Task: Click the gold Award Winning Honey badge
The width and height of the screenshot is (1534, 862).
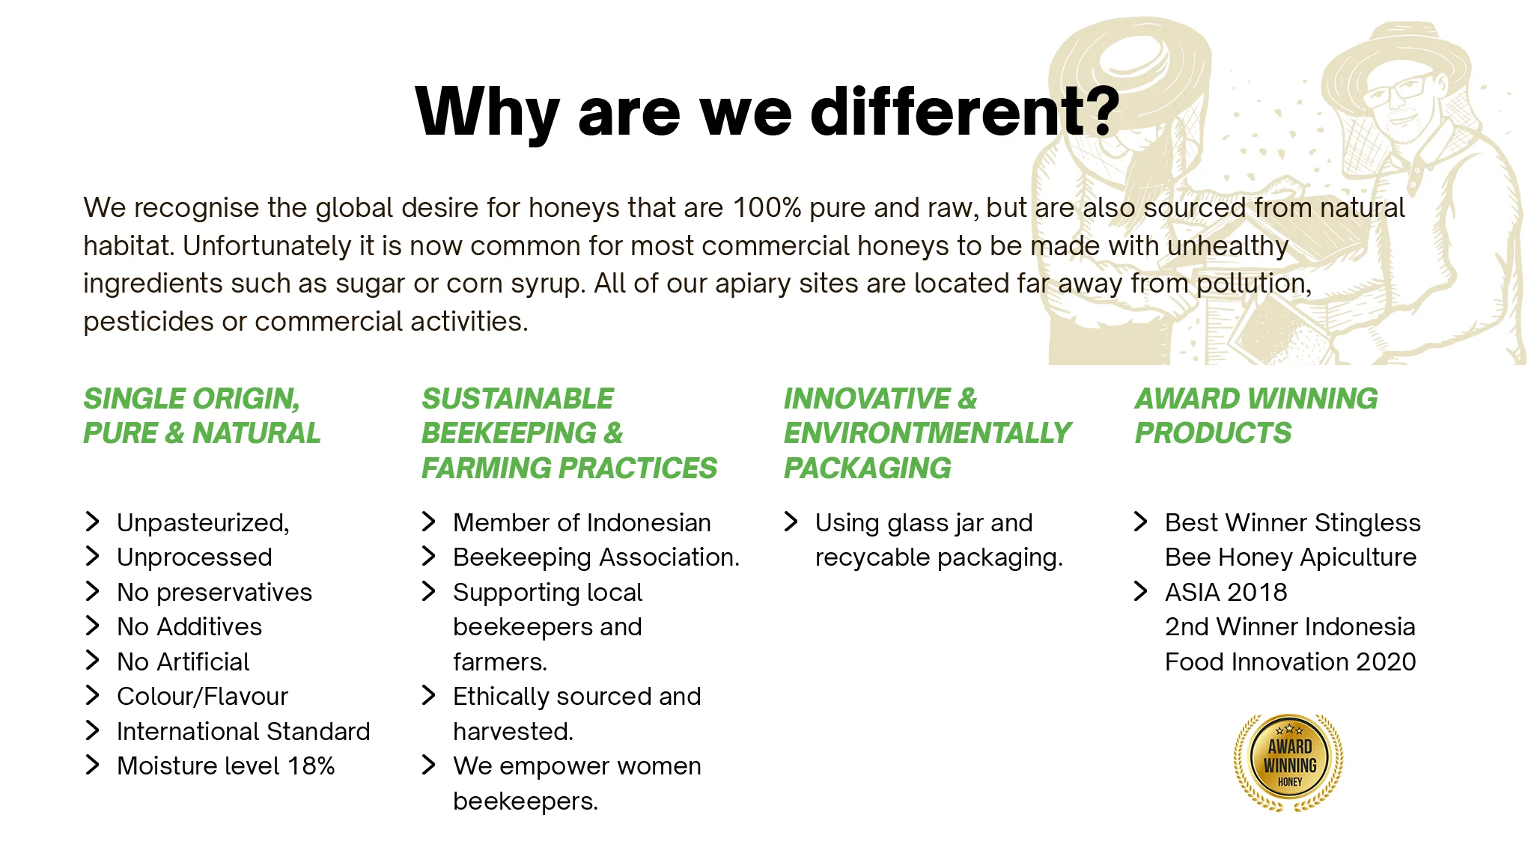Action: click(1288, 762)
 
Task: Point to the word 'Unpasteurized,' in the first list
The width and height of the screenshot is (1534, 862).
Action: click(203, 522)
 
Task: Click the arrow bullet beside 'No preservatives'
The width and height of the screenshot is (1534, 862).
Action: click(93, 591)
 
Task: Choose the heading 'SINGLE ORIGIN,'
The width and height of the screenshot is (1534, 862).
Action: click(192, 399)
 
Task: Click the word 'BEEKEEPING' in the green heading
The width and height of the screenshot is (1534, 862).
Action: click(509, 433)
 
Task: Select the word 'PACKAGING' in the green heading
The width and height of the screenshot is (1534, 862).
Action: click(867, 468)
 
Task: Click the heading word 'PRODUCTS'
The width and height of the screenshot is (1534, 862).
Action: click(1213, 433)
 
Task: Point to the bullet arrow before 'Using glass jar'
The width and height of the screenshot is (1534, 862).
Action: click(791, 522)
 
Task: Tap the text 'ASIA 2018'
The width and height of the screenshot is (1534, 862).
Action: click(1226, 592)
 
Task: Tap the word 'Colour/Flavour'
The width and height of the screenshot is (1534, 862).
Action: click(202, 697)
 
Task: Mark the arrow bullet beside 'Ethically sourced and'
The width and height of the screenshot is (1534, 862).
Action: click(429, 695)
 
